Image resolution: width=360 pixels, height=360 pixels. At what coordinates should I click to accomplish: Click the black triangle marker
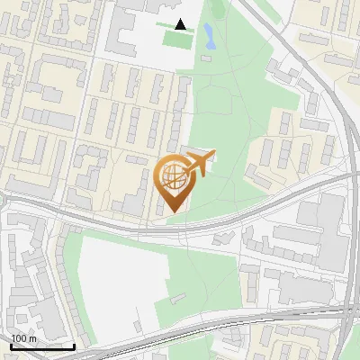click(x=181, y=24)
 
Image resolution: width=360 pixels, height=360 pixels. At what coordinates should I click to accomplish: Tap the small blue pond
click(x=209, y=36)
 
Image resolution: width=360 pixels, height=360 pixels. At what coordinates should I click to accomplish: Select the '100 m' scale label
click(x=23, y=337)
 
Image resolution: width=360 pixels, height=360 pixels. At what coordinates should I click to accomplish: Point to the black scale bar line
click(x=42, y=346)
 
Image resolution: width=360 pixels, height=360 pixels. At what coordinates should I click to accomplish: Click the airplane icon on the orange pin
click(x=199, y=165)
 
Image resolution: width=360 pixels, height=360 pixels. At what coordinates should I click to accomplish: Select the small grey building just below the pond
click(x=206, y=58)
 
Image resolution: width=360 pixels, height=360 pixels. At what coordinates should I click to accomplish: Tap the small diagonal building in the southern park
click(x=222, y=241)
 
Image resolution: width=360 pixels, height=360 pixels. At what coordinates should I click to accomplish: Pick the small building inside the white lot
click(x=176, y=301)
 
